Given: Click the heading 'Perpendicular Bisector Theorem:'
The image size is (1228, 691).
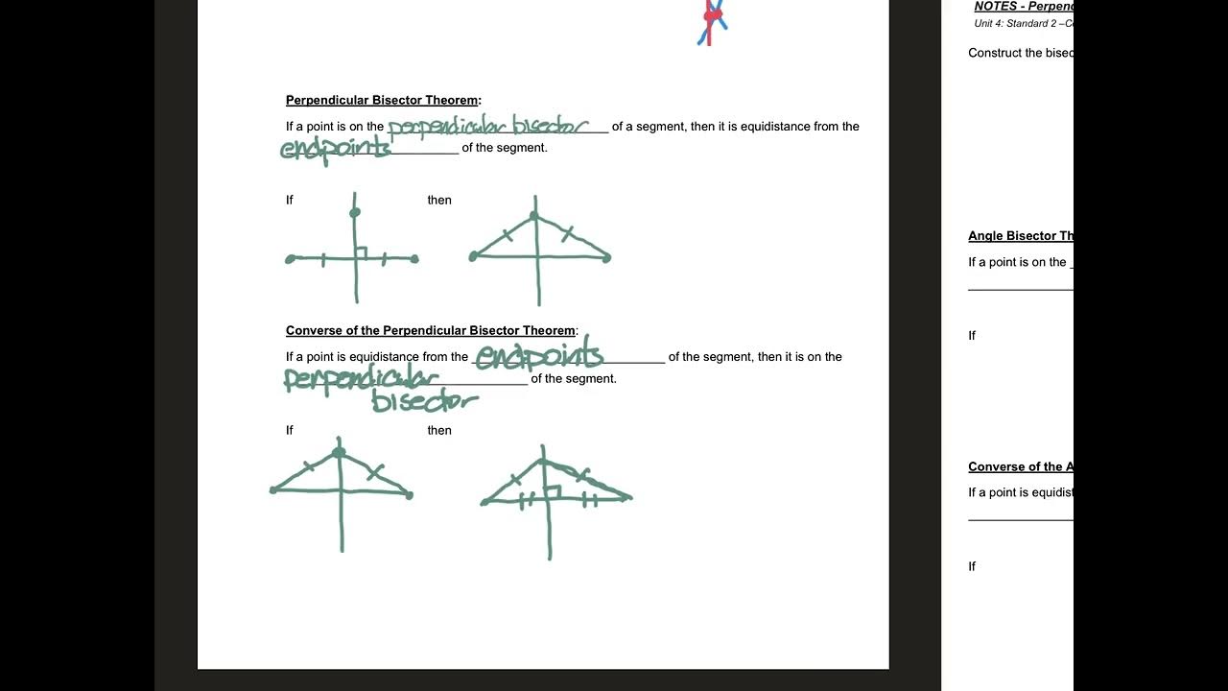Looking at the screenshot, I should click(383, 100).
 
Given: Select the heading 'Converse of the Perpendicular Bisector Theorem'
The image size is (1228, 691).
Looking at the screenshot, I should click(431, 330).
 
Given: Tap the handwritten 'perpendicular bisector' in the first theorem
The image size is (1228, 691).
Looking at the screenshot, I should click(487, 127).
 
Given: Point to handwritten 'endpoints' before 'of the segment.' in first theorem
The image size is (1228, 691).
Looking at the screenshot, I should click(335, 149).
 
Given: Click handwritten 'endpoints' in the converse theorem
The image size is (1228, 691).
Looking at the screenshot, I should click(538, 357).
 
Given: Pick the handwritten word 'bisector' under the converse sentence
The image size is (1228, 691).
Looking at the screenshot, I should click(424, 401).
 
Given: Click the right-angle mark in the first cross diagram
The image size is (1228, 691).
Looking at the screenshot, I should click(361, 252).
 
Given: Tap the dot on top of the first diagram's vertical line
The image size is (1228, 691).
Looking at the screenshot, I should click(355, 212).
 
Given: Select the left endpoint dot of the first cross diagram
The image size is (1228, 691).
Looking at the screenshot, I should click(291, 259).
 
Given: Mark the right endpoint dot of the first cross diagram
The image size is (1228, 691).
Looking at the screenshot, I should click(414, 258).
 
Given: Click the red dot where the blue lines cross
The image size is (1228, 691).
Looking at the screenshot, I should click(712, 15).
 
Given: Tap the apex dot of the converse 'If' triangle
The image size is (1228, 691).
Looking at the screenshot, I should click(339, 452).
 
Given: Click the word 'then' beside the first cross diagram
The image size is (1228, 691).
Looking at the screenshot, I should click(439, 200).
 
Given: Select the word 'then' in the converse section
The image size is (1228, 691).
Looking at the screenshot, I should click(439, 430).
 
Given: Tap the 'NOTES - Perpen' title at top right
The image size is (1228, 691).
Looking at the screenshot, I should click(1023, 7).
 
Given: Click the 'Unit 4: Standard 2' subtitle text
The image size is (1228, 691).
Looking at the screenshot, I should click(1023, 23).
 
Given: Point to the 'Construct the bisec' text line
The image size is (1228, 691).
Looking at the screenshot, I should click(1021, 53).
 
